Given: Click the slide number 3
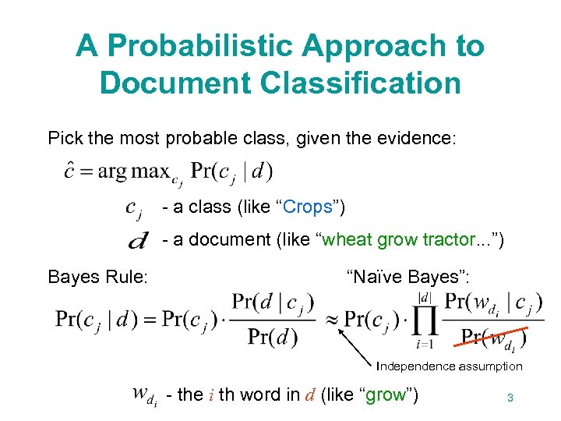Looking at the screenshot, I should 510,398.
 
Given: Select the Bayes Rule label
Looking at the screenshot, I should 97,276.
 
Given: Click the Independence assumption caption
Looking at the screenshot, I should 449,366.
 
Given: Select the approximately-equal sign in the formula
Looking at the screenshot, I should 330,319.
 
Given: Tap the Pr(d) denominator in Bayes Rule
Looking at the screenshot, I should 272,337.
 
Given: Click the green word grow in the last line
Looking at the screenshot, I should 385,395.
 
